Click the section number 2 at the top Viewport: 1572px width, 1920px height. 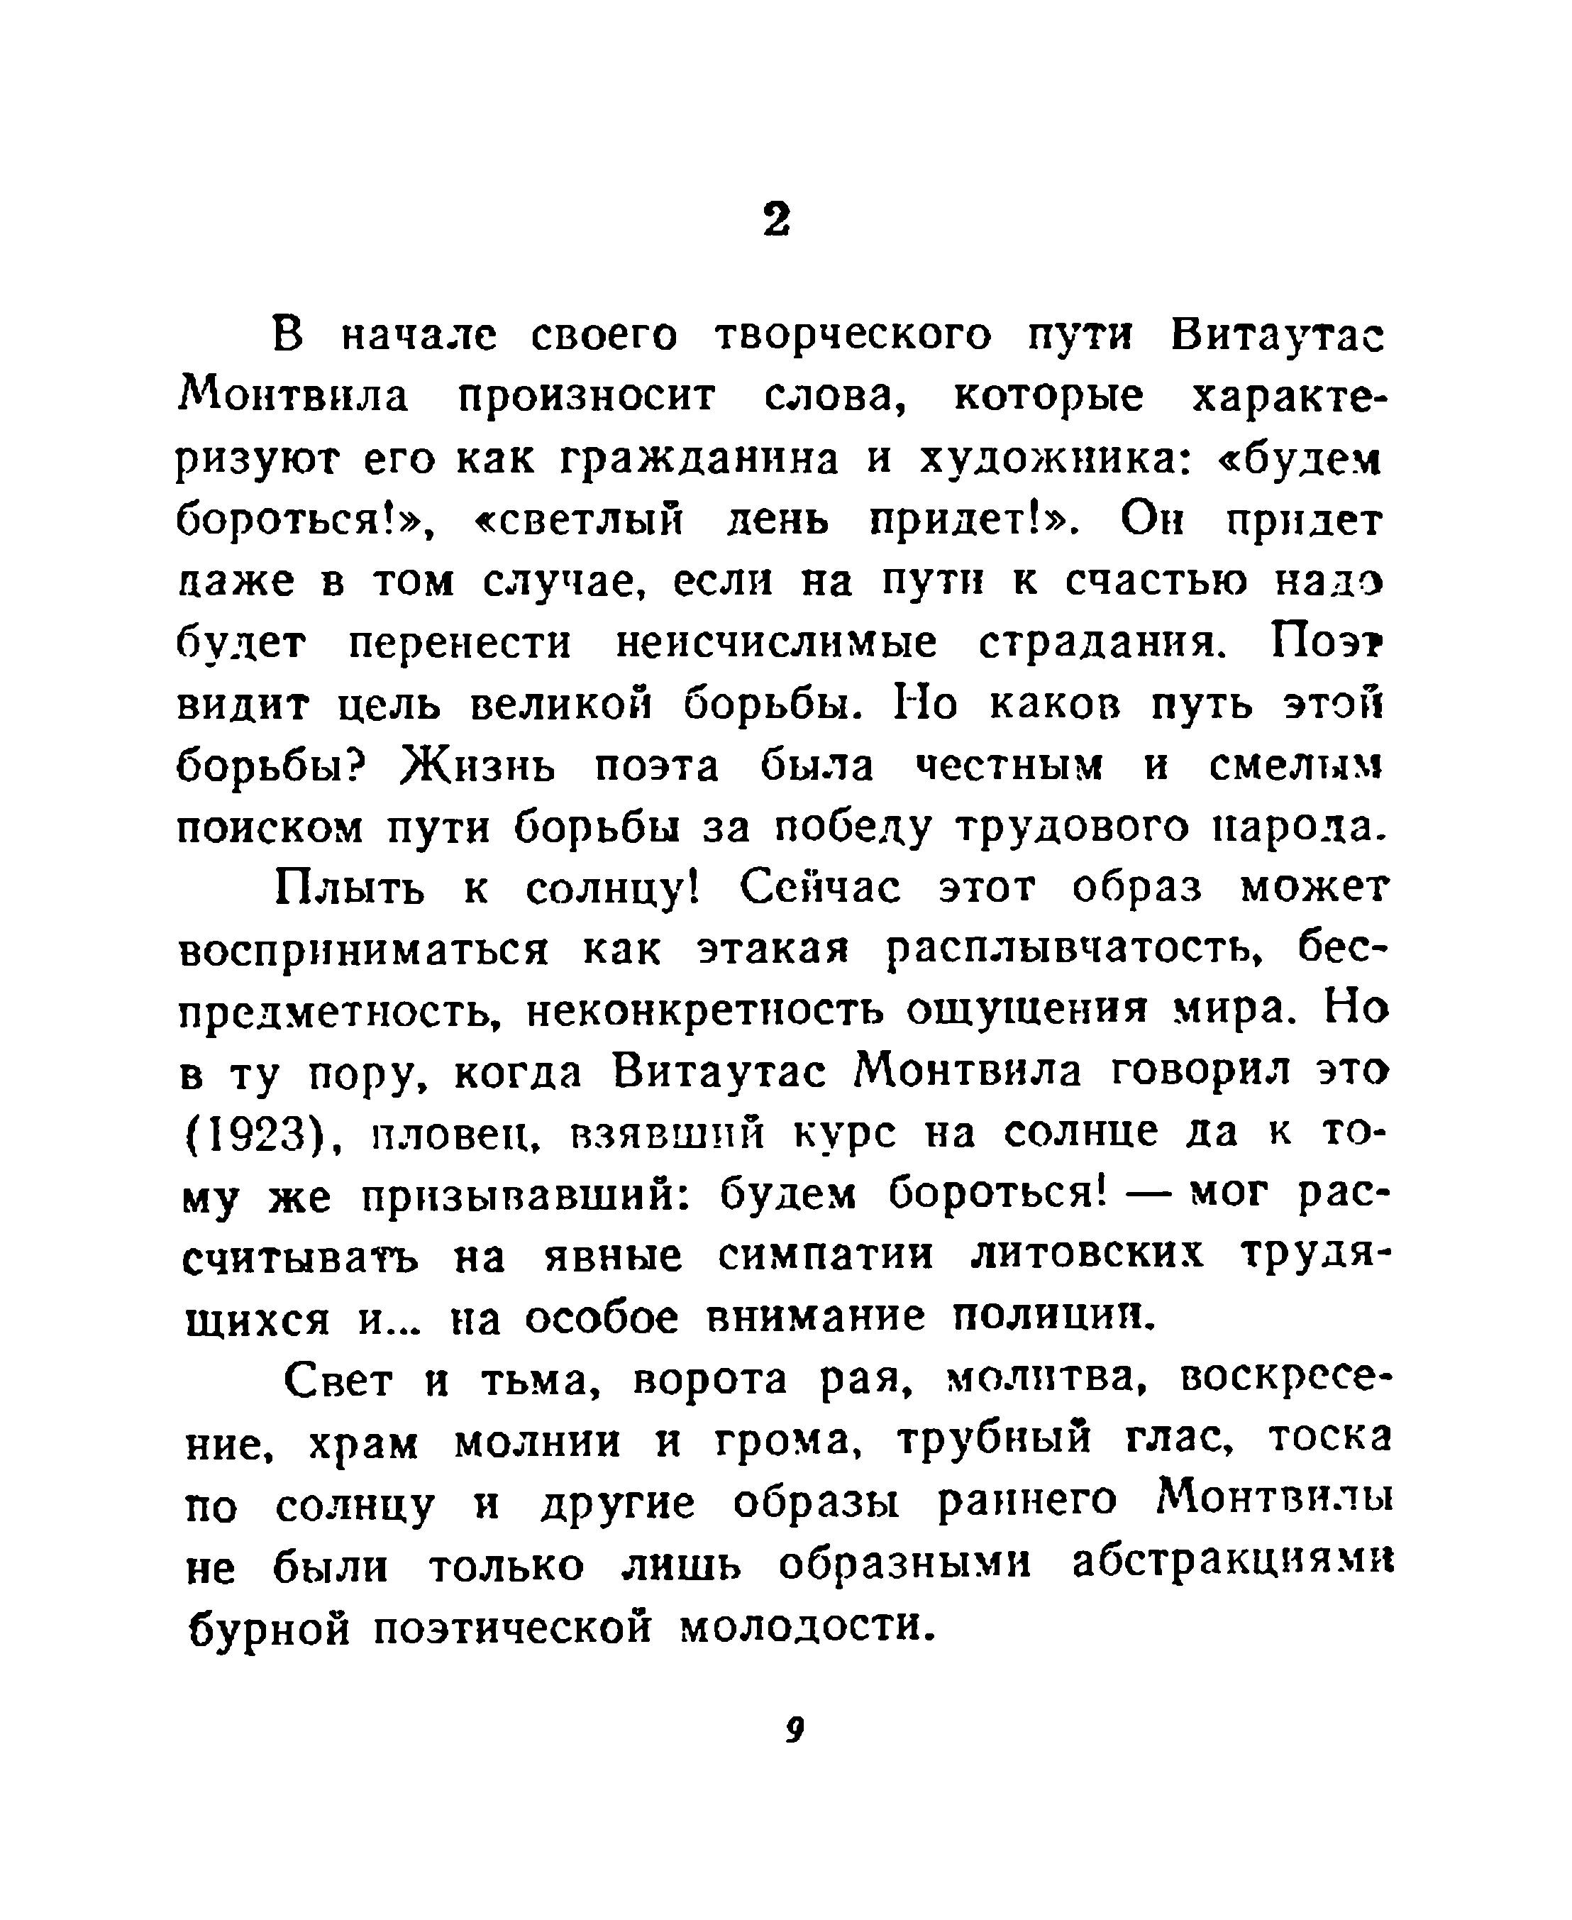pyautogui.click(x=776, y=219)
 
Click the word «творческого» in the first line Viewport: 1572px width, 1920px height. pyautogui.click(x=853, y=336)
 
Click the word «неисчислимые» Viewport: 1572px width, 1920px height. pyautogui.click(x=776, y=643)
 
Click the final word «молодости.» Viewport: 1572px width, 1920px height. pyautogui.click(x=804, y=1626)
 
